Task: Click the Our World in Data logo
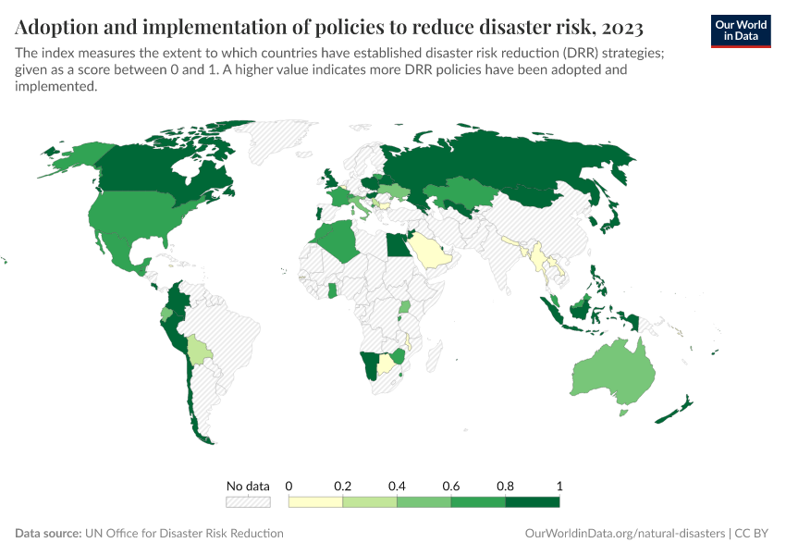coord(740,30)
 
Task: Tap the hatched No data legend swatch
coord(248,502)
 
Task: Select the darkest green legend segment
coord(533,502)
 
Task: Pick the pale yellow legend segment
coord(315,502)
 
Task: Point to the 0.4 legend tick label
coord(397,486)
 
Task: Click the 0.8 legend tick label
coord(505,486)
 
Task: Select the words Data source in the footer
coord(48,534)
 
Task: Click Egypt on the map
coord(396,246)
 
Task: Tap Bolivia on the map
coord(199,351)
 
